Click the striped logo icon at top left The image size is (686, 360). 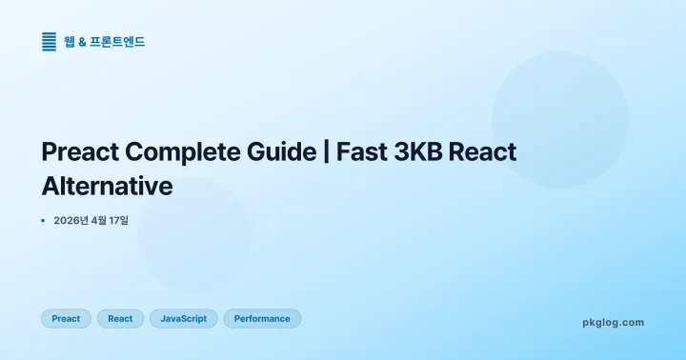50,42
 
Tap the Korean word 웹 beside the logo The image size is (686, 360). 70,42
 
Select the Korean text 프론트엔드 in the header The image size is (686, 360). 117,42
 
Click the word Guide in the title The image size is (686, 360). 281,152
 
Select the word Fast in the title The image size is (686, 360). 361,152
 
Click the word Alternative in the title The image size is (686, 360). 107,185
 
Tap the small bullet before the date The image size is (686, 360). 44,221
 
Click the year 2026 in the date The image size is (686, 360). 69,221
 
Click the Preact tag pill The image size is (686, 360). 66,319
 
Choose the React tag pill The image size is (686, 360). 120,319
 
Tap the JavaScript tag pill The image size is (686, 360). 184,319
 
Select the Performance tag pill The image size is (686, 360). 262,319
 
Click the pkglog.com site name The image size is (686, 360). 613,322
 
